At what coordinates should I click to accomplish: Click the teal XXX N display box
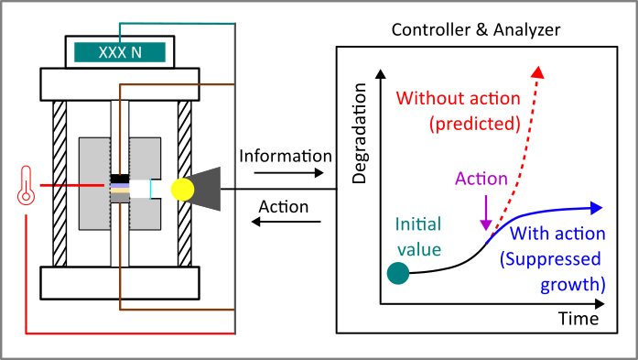[120, 52]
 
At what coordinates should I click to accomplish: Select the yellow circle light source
[183, 188]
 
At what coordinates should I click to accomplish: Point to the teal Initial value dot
[397, 273]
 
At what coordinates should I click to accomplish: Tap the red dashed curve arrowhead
[538, 72]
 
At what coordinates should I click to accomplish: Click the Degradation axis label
[359, 134]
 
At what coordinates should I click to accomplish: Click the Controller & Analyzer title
[476, 30]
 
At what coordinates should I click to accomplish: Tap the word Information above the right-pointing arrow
[286, 155]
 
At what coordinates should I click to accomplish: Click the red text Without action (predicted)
[458, 109]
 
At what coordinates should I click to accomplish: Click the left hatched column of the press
[59, 183]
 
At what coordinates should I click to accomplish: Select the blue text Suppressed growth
[552, 269]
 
